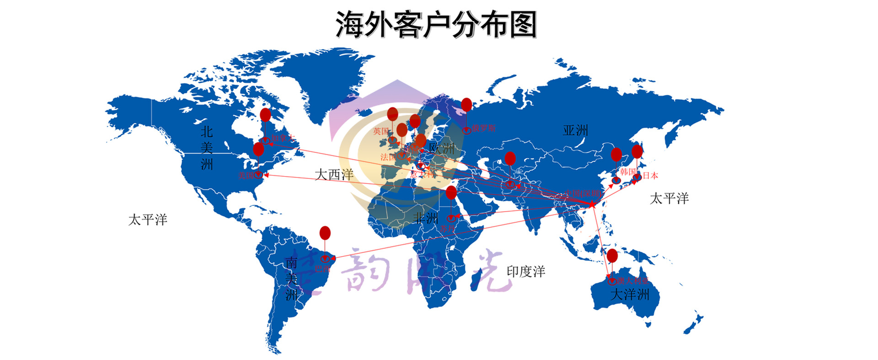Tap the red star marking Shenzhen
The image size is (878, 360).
click(x=592, y=204)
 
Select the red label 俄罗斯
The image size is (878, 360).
click(x=484, y=128)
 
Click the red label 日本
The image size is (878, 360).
click(x=650, y=175)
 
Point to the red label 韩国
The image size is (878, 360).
click(x=627, y=172)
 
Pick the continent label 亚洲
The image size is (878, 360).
click(x=575, y=130)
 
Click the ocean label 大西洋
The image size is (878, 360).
click(x=334, y=174)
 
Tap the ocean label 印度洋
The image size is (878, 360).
click(x=526, y=271)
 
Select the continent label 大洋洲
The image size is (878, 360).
click(x=630, y=294)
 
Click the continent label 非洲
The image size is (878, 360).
click(x=426, y=218)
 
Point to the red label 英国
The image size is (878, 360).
click(x=381, y=131)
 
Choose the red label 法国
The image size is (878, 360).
click(x=388, y=157)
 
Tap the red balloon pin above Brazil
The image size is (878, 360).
click(x=325, y=233)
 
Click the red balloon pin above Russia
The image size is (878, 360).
click(x=466, y=105)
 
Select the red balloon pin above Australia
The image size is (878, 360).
click(x=612, y=256)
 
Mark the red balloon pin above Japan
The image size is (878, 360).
click(x=637, y=151)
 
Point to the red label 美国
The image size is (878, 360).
click(x=246, y=175)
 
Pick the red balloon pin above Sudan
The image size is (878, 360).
click(x=451, y=193)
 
